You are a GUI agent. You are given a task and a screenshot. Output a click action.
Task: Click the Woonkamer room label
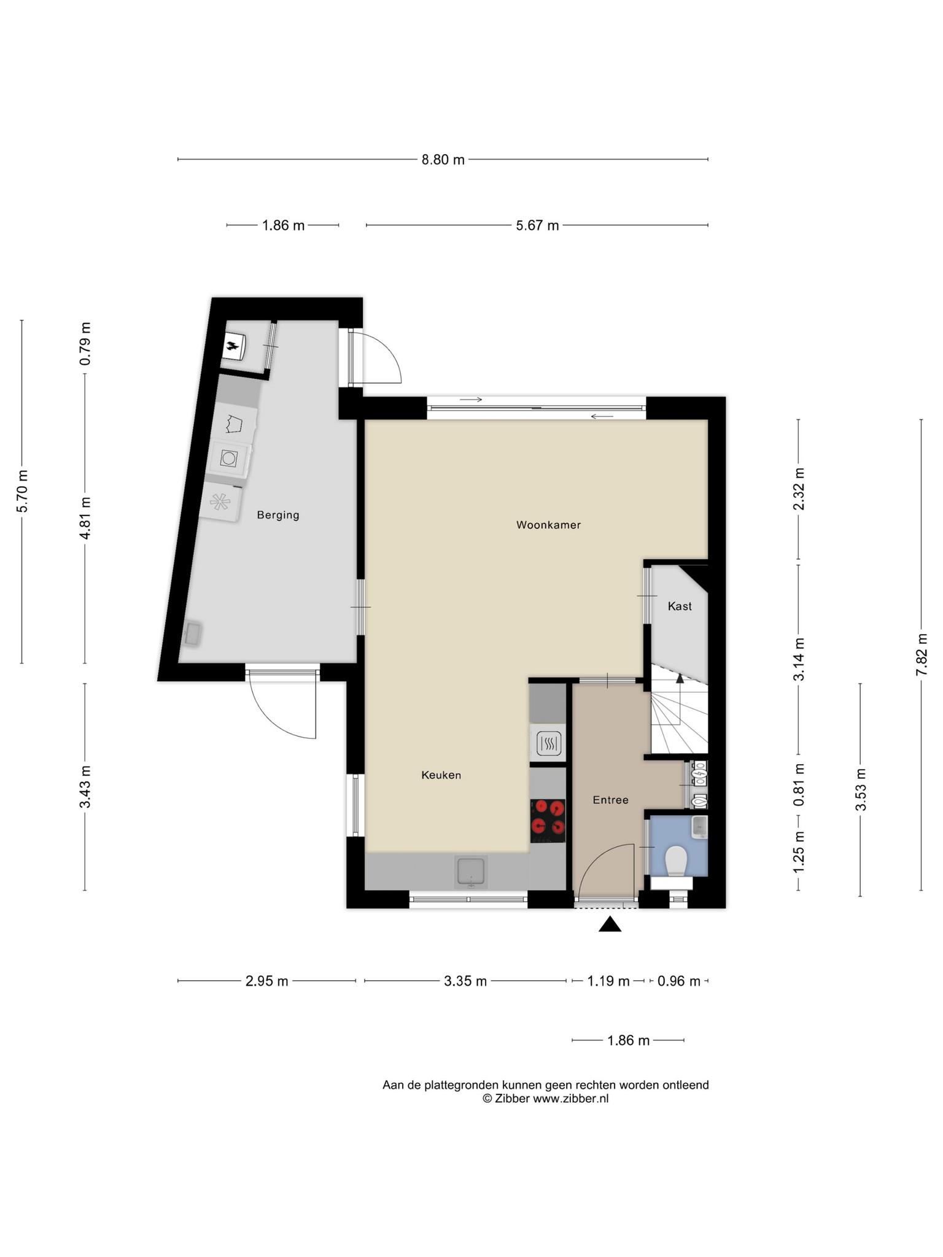click(548, 525)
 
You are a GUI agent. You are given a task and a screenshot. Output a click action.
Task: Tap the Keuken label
click(441, 775)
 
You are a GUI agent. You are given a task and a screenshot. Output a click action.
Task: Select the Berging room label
click(278, 515)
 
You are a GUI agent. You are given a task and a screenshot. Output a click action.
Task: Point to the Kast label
click(680, 606)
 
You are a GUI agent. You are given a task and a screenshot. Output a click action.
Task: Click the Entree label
click(610, 800)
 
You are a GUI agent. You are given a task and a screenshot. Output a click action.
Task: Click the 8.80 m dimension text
click(443, 160)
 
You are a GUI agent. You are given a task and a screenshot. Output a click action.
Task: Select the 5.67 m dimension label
click(537, 225)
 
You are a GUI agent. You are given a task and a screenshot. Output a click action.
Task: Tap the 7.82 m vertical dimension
click(922, 654)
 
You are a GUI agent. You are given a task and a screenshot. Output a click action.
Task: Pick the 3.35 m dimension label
click(465, 981)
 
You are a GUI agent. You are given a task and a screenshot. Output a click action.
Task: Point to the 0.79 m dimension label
click(85, 344)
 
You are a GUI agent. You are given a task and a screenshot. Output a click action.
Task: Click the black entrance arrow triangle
click(610, 924)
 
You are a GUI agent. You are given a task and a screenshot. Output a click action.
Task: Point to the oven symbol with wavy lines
click(548, 744)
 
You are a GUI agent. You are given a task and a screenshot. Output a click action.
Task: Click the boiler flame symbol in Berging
click(233, 346)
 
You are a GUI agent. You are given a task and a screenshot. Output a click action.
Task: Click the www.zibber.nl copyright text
click(546, 1099)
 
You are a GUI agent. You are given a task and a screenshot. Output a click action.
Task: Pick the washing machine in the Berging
click(230, 458)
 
